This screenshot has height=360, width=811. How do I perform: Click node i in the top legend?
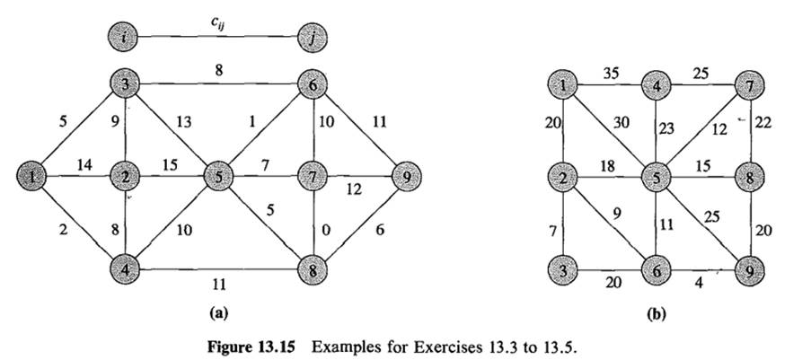[122, 39]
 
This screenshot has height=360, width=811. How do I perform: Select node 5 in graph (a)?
[219, 176]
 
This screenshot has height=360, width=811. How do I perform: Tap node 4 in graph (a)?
[122, 268]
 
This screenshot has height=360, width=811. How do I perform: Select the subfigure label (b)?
[657, 315]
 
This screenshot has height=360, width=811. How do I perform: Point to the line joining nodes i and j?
[218, 39]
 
